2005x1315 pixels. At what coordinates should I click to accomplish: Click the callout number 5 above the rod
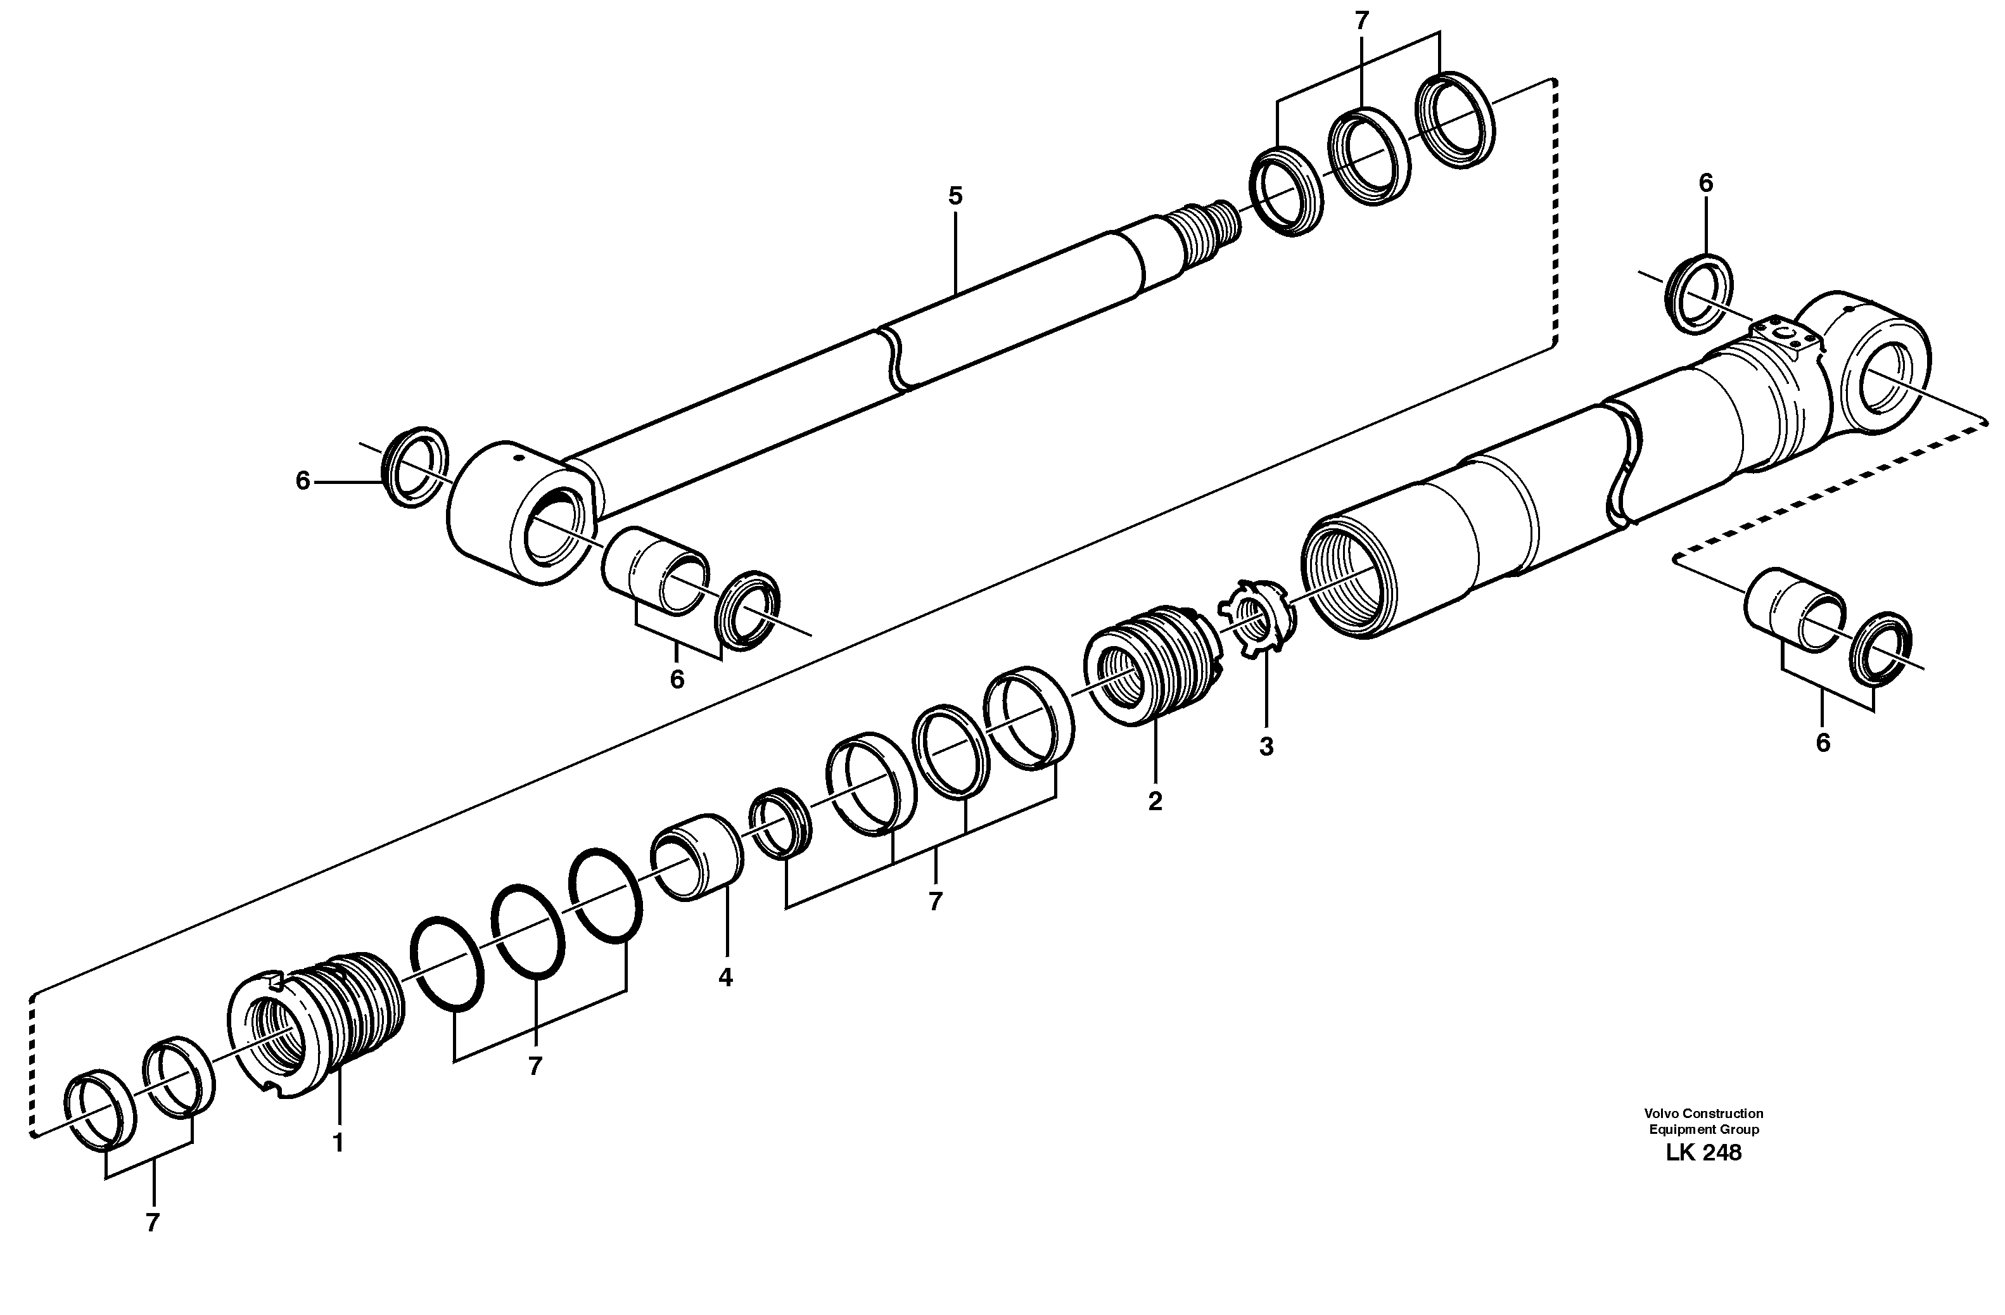tap(955, 196)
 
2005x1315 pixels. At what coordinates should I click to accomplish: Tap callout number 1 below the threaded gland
tap(338, 1143)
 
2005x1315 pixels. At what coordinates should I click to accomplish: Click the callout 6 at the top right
tap(1706, 183)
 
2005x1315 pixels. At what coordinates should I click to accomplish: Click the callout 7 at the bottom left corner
tap(153, 1223)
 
